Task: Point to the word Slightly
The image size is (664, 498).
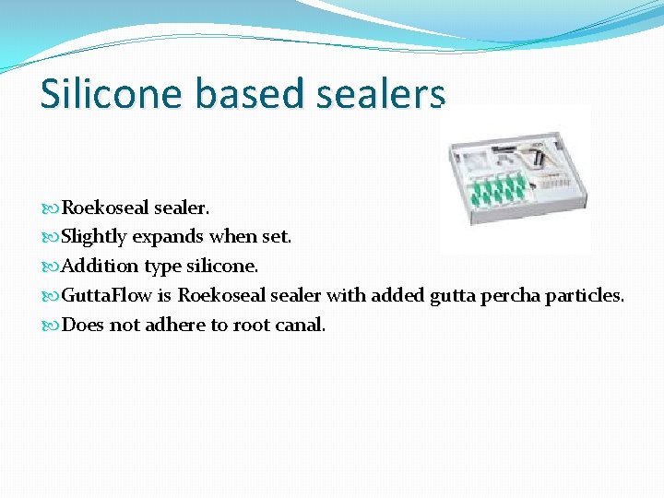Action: click(94, 237)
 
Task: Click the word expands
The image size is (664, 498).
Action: click(168, 237)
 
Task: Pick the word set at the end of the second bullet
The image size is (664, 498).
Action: click(277, 237)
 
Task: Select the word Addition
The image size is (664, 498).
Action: click(100, 267)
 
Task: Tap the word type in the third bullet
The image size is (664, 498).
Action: click(162, 267)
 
